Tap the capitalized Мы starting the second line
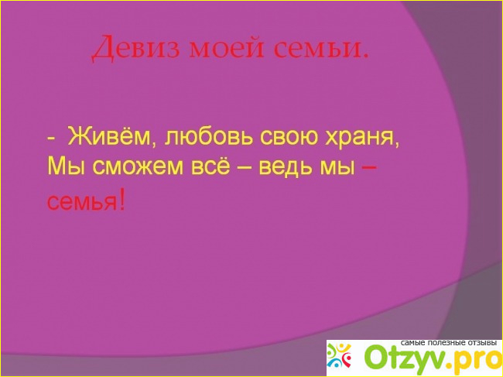coord(67,167)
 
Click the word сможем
coord(139,168)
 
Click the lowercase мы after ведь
coord(337,168)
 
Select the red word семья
coord(82,202)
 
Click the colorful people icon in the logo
coord(339,355)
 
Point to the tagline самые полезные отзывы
coord(449,343)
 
